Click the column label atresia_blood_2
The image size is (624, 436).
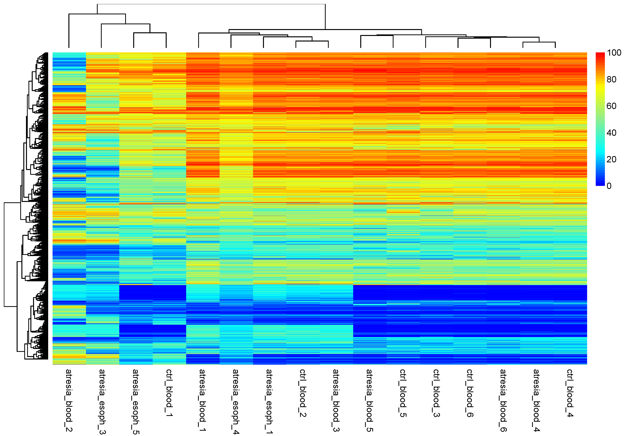(x=69, y=400)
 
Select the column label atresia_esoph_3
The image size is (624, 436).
(x=102, y=401)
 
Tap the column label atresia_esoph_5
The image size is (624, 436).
(x=136, y=401)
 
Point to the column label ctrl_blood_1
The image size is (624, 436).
(x=169, y=393)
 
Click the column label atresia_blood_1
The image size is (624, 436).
(x=202, y=400)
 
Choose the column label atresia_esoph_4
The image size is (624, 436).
(x=236, y=401)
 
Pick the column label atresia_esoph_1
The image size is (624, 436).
(x=269, y=401)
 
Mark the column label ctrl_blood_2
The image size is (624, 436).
(x=303, y=393)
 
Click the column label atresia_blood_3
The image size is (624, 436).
(x=336, y=400)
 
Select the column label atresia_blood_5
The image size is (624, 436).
(x=369, y=400)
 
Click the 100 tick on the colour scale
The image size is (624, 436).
(x=614, y=53)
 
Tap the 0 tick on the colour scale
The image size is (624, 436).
(x=609, y=186)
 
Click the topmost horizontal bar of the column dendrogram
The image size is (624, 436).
(x=211, y=4)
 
